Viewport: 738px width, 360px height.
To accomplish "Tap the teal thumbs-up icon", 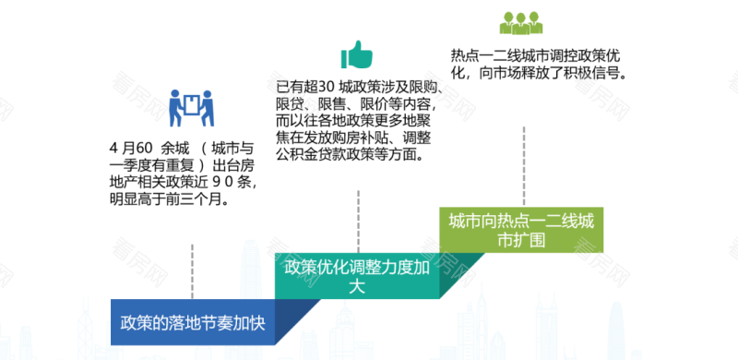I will pos(355,54).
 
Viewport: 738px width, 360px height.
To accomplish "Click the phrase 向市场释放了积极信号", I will pos(553,71).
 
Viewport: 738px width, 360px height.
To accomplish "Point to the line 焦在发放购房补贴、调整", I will pos(356,138).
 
